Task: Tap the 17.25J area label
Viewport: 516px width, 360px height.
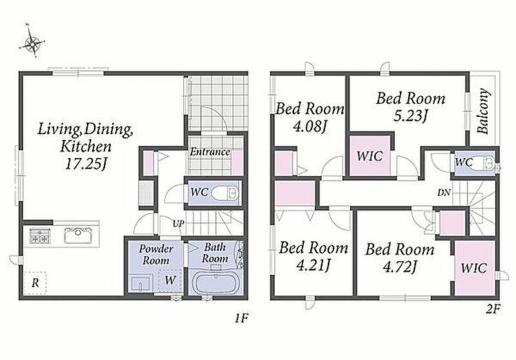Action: tap(85, 163)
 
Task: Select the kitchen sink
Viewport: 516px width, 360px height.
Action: tap(77, 235)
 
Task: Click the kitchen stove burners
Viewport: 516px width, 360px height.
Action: tap(40, 235)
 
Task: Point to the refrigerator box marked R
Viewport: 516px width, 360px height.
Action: tap(35, 282)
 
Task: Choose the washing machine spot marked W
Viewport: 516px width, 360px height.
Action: tap(170, 281)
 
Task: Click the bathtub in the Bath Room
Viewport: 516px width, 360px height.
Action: tap(215, 283)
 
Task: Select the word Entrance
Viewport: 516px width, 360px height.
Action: tap(210, 152)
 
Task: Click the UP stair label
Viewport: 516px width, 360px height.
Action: tap(179, 224)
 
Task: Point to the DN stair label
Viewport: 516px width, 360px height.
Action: tap(444, 193)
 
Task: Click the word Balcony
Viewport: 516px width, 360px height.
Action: tap(483, 110)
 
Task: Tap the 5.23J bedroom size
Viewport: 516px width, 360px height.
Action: tap(410, 116)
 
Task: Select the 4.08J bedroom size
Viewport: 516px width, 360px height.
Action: tap(309, 126)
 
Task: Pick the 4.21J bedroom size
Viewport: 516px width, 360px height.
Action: tap(313, 265)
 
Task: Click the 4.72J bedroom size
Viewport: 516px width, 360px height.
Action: tap(400, 266)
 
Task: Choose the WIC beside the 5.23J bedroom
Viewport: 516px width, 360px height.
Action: tap(370, 155)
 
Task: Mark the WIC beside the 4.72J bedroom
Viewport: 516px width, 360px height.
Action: tap(474, 268)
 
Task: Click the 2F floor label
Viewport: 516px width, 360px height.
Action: tap(493, 310)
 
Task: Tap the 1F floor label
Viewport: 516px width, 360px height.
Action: tap(241, 318)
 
